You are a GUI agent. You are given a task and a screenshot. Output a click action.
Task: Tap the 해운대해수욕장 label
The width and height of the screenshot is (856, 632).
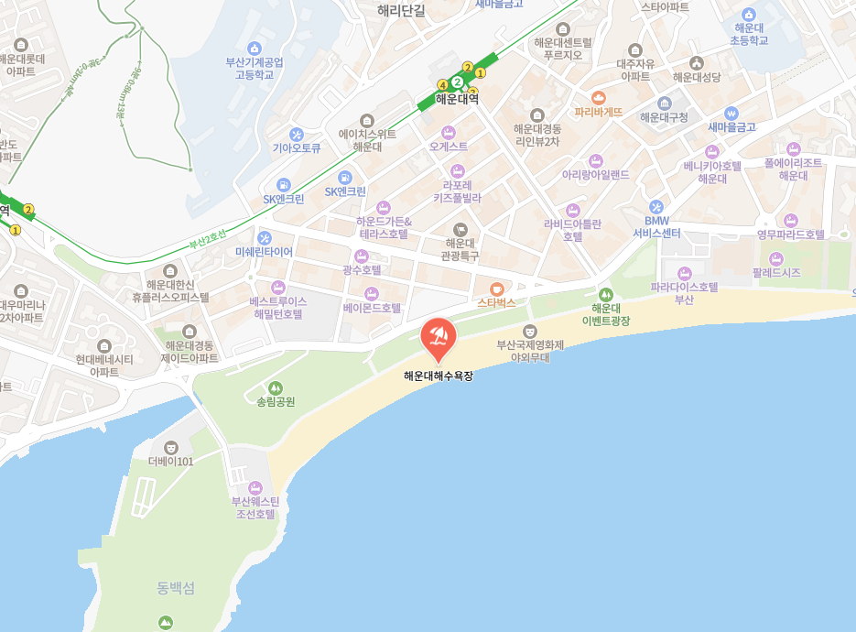(439, 376)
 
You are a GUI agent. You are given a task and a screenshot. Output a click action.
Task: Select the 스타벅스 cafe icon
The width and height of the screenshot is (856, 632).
(496, 289)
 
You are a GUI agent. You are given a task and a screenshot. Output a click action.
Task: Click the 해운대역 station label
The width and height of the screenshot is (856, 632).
(457, 100)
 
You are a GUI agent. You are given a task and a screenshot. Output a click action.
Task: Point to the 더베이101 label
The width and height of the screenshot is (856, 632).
(171, 461)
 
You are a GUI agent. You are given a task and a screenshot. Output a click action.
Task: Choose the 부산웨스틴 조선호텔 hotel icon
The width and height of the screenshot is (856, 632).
(255, 488)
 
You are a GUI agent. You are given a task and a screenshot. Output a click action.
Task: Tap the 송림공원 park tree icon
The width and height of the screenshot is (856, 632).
(276, 388)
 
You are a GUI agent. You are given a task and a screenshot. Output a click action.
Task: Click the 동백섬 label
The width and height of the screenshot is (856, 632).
(176, 588)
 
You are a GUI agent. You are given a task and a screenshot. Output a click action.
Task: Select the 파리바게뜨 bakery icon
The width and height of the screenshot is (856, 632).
(599, 97)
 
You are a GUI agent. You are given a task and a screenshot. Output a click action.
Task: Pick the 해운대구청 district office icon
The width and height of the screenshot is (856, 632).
(664, 104)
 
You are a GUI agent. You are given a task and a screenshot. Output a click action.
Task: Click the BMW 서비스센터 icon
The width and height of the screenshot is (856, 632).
(656, 207)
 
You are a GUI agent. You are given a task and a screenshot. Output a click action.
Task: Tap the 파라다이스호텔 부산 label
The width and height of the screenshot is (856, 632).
(684, 293)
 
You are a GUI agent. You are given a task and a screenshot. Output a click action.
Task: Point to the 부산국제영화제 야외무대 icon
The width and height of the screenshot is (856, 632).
(529, 331)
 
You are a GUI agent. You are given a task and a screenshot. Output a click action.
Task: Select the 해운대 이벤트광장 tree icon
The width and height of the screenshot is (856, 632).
(605, 294)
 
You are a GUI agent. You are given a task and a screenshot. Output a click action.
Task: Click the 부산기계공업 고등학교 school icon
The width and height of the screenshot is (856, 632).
(255, 49)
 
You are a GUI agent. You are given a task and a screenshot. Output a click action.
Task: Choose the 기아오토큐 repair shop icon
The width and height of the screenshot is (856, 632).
(296, 134)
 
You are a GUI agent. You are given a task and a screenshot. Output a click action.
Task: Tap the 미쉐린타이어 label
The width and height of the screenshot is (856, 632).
(264, 252)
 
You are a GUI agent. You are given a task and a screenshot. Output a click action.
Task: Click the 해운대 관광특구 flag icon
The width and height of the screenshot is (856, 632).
(461, 229)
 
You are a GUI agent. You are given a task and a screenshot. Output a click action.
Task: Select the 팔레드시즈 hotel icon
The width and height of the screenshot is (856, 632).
(775, 259)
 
